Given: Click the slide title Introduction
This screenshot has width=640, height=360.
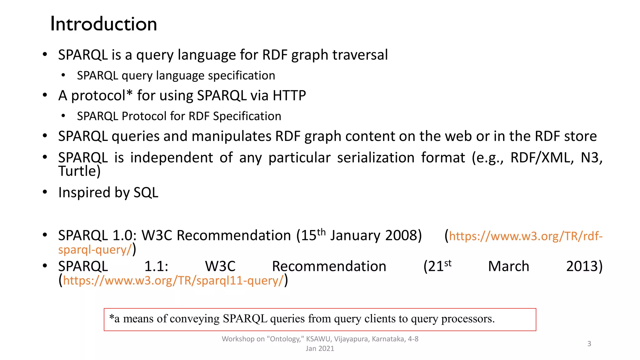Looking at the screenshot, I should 103,24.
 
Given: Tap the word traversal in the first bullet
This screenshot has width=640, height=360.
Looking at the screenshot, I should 360,55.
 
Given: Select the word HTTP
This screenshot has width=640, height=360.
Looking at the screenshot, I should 289,96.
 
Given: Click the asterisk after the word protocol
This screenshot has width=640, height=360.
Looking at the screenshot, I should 129,93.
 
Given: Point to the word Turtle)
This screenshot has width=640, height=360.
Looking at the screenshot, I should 79,171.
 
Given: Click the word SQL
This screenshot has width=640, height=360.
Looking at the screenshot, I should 146,192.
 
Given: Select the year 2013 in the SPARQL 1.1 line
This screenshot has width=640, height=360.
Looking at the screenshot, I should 584,266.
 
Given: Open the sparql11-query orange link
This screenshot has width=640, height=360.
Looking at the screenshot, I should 173,281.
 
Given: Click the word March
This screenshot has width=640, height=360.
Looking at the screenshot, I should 508,266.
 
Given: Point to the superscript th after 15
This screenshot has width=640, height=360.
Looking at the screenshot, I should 321,232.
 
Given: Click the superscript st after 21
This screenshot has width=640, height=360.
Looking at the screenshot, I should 448,263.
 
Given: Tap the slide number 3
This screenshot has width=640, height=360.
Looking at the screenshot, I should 589,344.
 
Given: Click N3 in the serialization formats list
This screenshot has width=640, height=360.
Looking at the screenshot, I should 591,157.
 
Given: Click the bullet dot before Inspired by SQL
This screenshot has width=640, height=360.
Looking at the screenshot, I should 45,192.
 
